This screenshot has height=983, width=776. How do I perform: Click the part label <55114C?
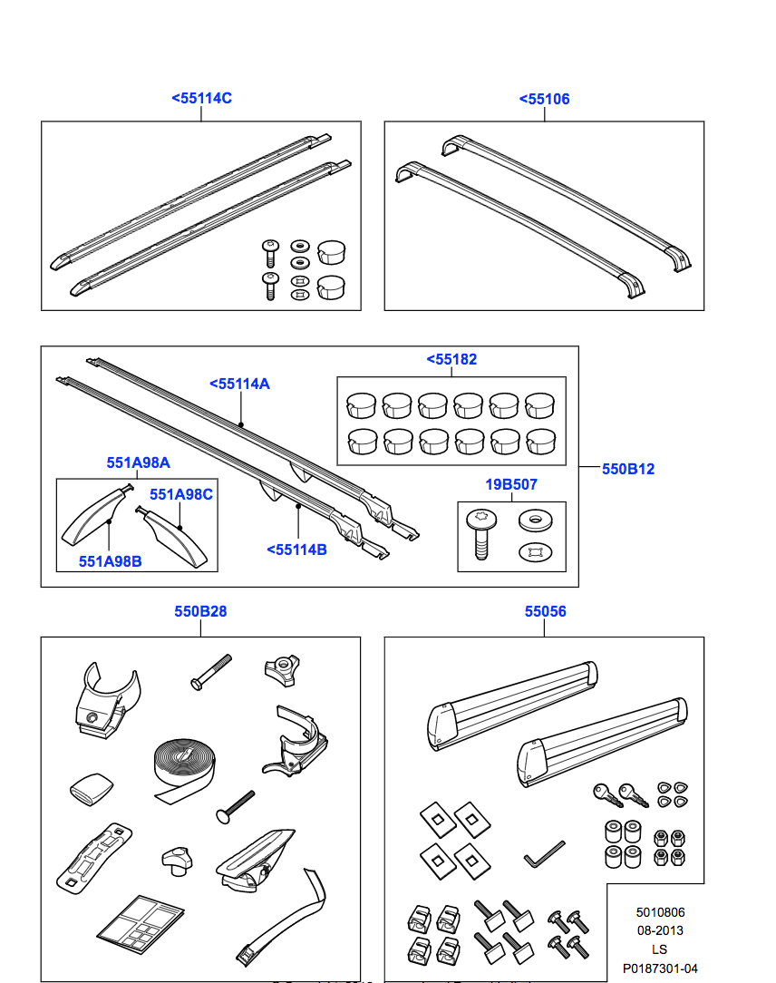point(201,98)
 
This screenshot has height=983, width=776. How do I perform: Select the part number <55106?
point(544,99)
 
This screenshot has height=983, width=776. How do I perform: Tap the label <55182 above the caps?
point(451,360)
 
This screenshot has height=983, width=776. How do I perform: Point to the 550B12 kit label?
point(628,469)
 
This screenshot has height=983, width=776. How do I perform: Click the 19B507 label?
point(511,485)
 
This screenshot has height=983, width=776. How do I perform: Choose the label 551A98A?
point(138,462)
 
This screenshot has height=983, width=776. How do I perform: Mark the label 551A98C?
point(181,494)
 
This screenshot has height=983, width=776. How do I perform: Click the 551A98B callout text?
point(110,561)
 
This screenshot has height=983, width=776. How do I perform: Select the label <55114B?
point(296,549)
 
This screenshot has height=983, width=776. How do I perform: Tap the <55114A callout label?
point(239,384)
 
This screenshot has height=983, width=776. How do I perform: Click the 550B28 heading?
point(200,612)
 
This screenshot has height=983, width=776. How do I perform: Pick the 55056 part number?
point(545,612)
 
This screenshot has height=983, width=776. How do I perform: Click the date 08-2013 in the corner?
point(659,930)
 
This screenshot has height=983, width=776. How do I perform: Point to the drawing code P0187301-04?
point(659,968)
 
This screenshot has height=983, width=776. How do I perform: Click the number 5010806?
point(659,912)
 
